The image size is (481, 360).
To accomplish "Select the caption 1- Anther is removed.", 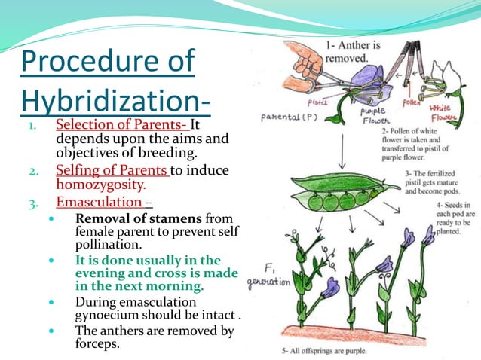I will [357, 50].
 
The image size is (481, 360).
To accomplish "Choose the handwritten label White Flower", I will [449, 112].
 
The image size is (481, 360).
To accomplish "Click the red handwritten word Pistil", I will [317, 102].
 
